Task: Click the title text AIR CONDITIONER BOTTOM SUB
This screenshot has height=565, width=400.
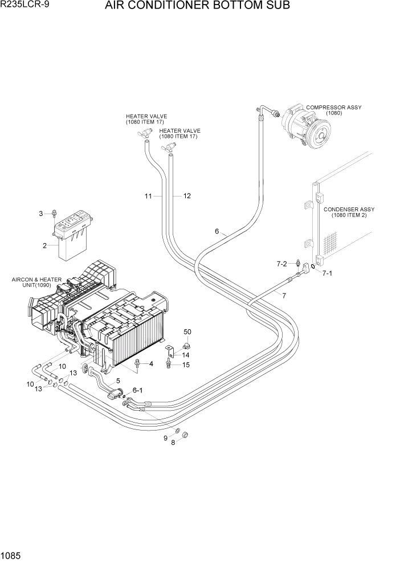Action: click(197, 6)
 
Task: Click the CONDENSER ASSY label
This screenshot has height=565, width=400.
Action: click(349, 212)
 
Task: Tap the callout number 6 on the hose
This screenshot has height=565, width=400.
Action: click(217, 231)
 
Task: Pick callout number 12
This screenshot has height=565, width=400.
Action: click(186, 196)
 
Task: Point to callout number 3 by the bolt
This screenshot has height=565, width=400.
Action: click(41, 214)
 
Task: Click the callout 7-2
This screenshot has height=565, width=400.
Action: click(282, 264)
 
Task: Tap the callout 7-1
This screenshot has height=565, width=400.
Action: click(327, 273)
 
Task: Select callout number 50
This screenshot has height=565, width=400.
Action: click(187, 331)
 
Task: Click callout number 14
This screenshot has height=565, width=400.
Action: click(186, 355)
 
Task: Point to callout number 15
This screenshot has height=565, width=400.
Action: click(186, 365)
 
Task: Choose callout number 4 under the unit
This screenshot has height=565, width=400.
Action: click(151, 363)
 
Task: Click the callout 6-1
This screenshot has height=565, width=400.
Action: click(138, 390)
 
